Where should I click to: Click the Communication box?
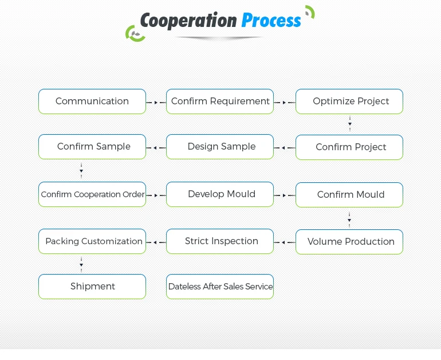tap(92, 101)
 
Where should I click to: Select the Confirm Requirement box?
tap(220, 101)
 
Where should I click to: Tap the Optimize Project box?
tap(349, 101)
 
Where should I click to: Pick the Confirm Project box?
tap(349, 147)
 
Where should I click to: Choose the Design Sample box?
tap(220, 147)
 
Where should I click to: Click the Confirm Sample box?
tap(92, 147)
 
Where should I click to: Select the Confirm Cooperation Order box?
tap(92, 194)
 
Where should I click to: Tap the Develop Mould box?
tap(220, 194)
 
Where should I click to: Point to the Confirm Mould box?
tap(349, 195)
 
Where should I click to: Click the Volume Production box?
tap(349, 242)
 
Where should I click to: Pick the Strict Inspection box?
tap(220, 241)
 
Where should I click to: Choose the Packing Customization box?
tap(92, 241)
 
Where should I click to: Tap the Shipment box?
tap(92, 287)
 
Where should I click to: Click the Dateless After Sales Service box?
tap(220, 287)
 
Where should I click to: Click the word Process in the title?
tap(271, 21)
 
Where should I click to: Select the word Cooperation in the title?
tap(188, 21)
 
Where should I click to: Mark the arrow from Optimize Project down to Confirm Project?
tap(349, 124)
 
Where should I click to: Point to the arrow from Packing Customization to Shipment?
tap(81, 264)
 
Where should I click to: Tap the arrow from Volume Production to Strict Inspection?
tap(284, 242)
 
